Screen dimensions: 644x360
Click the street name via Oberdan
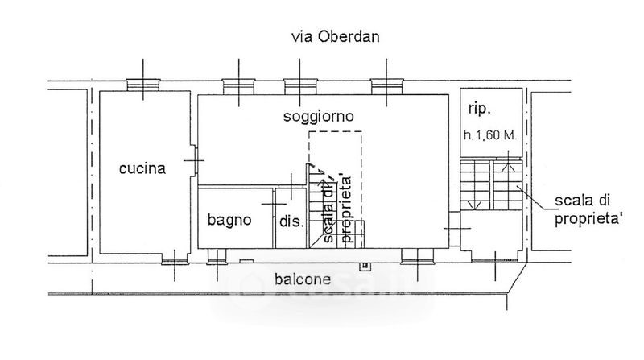coord(335,37)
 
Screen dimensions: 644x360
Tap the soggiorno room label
coord(320,117)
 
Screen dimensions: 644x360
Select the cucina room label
coord(142,169)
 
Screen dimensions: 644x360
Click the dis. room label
coord(290,221)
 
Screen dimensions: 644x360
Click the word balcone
coord(303,280)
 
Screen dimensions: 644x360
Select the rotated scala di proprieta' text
coord(336,211)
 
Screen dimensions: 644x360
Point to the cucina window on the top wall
coord(142,85)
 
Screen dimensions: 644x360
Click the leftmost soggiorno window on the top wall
coord(238,85)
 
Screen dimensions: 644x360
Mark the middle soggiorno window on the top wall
coord(299,85)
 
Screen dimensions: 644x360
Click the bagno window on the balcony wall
coord(216,257)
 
